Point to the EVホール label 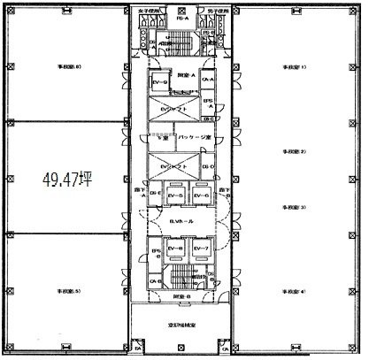point(184,223)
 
